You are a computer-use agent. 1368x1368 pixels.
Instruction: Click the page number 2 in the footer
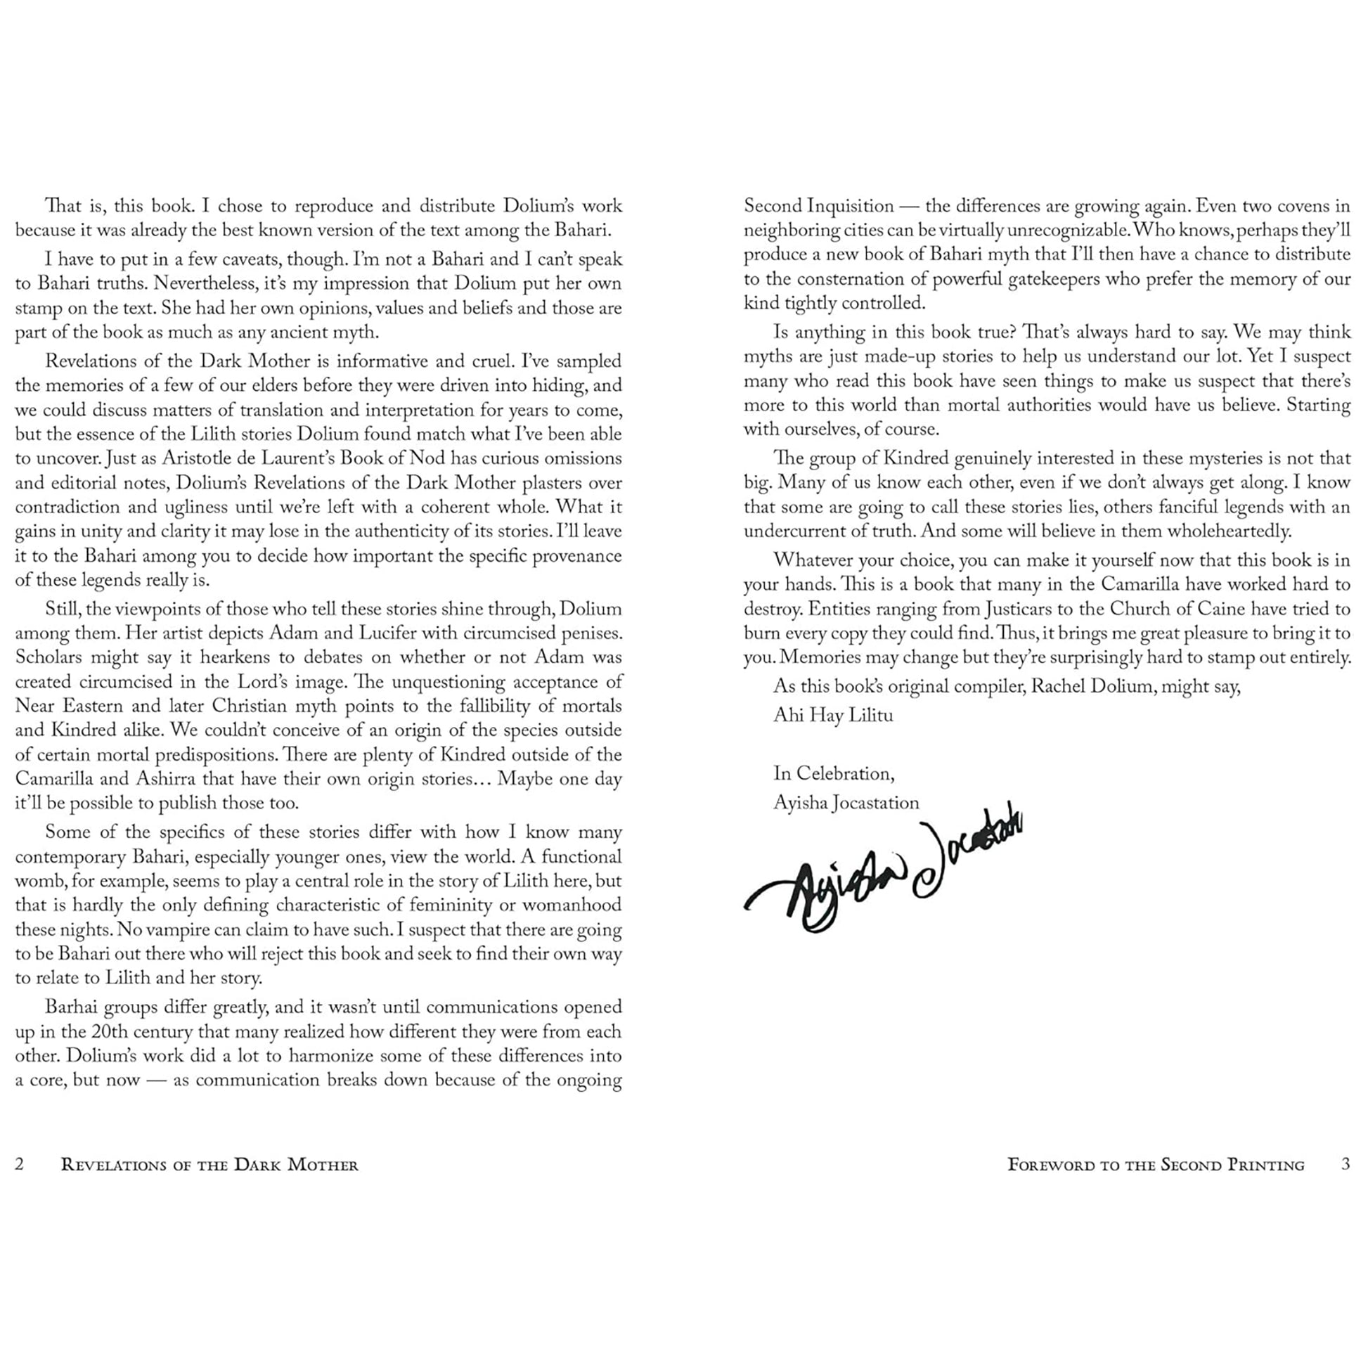click(x=20, y=1164)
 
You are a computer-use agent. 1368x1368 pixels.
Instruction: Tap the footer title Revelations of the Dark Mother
click(x=209, y=1165)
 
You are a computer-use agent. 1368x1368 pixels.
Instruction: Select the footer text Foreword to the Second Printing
click(x=1156, y=1165)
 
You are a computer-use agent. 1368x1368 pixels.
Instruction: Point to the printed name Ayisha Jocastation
click(x=846, y=802)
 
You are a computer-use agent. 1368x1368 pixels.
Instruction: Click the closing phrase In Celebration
click(x=834, y=773)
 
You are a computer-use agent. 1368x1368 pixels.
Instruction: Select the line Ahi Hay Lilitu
click(x=833, y=715)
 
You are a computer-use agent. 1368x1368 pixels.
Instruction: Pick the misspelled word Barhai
click(x=72, y=1007)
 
